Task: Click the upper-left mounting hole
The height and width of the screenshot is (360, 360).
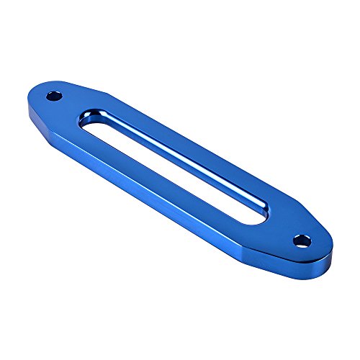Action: click(x=53, y=95)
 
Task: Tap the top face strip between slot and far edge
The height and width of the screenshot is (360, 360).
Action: click(x=194, y=144)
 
